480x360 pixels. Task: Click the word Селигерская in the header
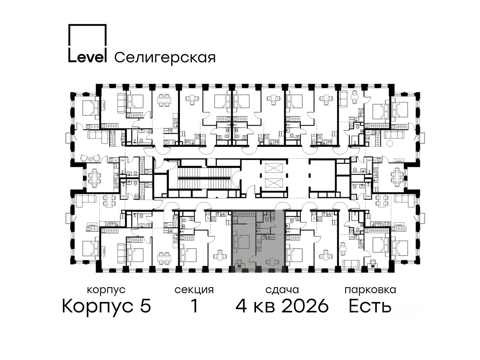coord(165,58)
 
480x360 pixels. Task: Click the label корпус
coord(106,290)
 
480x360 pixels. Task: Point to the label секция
coord(194,290)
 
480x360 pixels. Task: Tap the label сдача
coord(282,290)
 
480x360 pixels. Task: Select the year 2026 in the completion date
coord(305,306)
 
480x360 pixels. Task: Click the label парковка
coord(370,290)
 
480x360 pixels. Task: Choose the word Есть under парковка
coord(370,306)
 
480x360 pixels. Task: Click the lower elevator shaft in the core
coord(274,183)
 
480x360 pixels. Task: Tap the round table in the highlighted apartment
coord(271,262)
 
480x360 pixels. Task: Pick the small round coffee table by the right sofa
coord(389,143)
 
